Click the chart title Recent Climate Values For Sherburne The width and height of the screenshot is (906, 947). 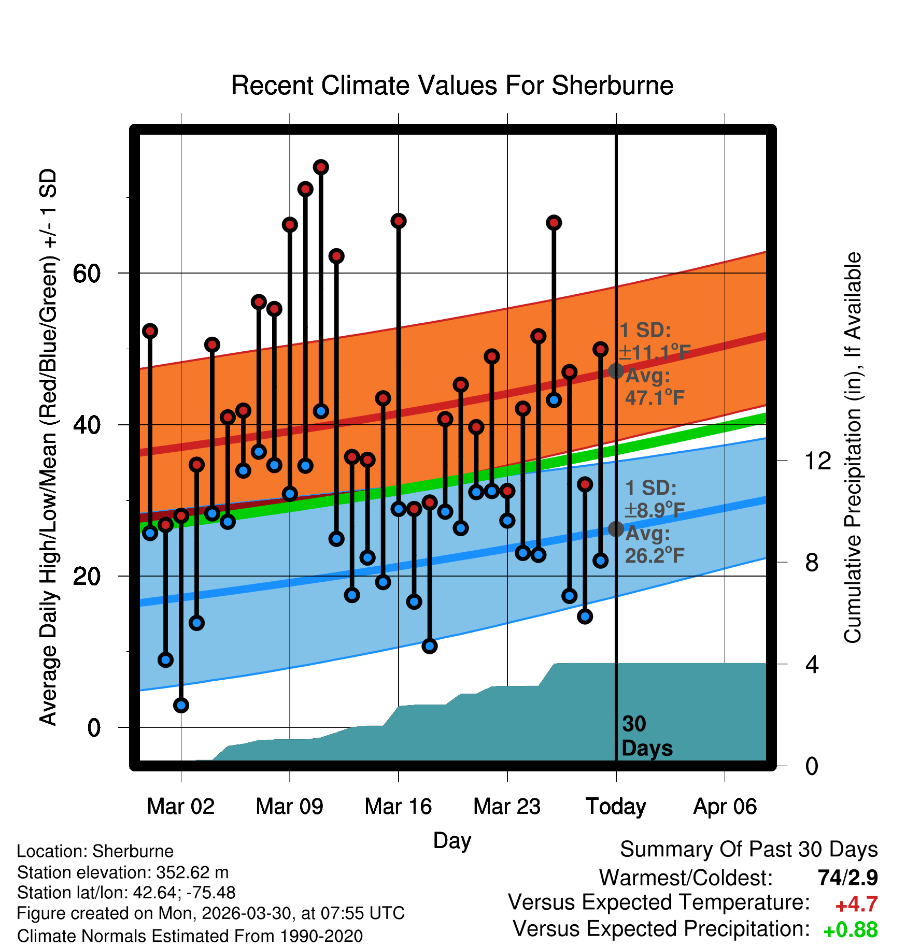click(452, 85)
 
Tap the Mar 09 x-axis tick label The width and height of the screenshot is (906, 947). click(289, 806)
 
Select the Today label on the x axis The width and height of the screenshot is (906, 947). click(616, 806)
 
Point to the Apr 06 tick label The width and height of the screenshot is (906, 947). click(725, 807)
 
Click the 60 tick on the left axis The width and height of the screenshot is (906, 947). click(87, 273)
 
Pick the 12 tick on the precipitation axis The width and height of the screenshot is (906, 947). click(817, 461)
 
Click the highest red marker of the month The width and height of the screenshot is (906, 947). click(321, 167)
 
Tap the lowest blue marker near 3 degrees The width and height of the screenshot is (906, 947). click(181, 705)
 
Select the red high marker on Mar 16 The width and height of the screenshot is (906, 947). click(399, 221)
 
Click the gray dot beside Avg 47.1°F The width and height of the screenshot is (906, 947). click(616, 371)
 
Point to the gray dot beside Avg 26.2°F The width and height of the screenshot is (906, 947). click(616, 529)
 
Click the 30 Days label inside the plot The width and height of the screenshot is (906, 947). click(647, 736)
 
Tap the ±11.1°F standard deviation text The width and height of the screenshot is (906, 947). click(655, 353)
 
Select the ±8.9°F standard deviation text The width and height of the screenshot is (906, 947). click(654, 511)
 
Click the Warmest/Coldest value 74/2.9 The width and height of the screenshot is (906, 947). click(848, 878)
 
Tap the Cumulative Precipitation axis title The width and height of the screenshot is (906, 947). click(853, 448)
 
